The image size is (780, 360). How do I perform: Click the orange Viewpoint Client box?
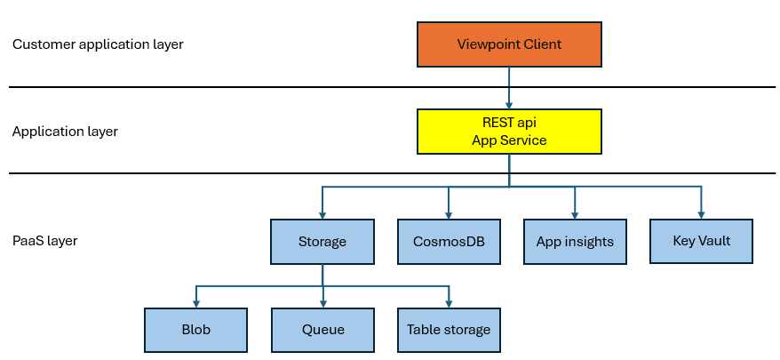click(509, 44)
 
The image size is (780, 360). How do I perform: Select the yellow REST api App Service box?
click(509, 132)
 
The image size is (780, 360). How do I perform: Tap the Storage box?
click(322, 241)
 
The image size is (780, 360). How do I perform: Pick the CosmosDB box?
click(449, 241)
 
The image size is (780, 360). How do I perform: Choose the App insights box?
click(575, 241)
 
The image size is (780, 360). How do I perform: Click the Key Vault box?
click(702, 240)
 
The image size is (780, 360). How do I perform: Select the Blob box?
click(195, 329)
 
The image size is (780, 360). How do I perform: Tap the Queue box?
click(322, 329)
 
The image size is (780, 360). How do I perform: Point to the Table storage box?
click(449, 329)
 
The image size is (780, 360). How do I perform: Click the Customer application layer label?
click(98, 44)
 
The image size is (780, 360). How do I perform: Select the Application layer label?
click(65, 132)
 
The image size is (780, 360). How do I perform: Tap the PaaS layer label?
click(44, 241)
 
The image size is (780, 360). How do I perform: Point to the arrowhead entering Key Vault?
click(702, 213)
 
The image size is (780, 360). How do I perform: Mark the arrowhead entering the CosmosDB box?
click(449, 214)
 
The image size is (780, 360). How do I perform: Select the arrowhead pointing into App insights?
click(575, 214)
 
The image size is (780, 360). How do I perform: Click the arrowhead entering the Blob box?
click(195, 303)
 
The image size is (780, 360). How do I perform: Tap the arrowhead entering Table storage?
click(449, 303)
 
